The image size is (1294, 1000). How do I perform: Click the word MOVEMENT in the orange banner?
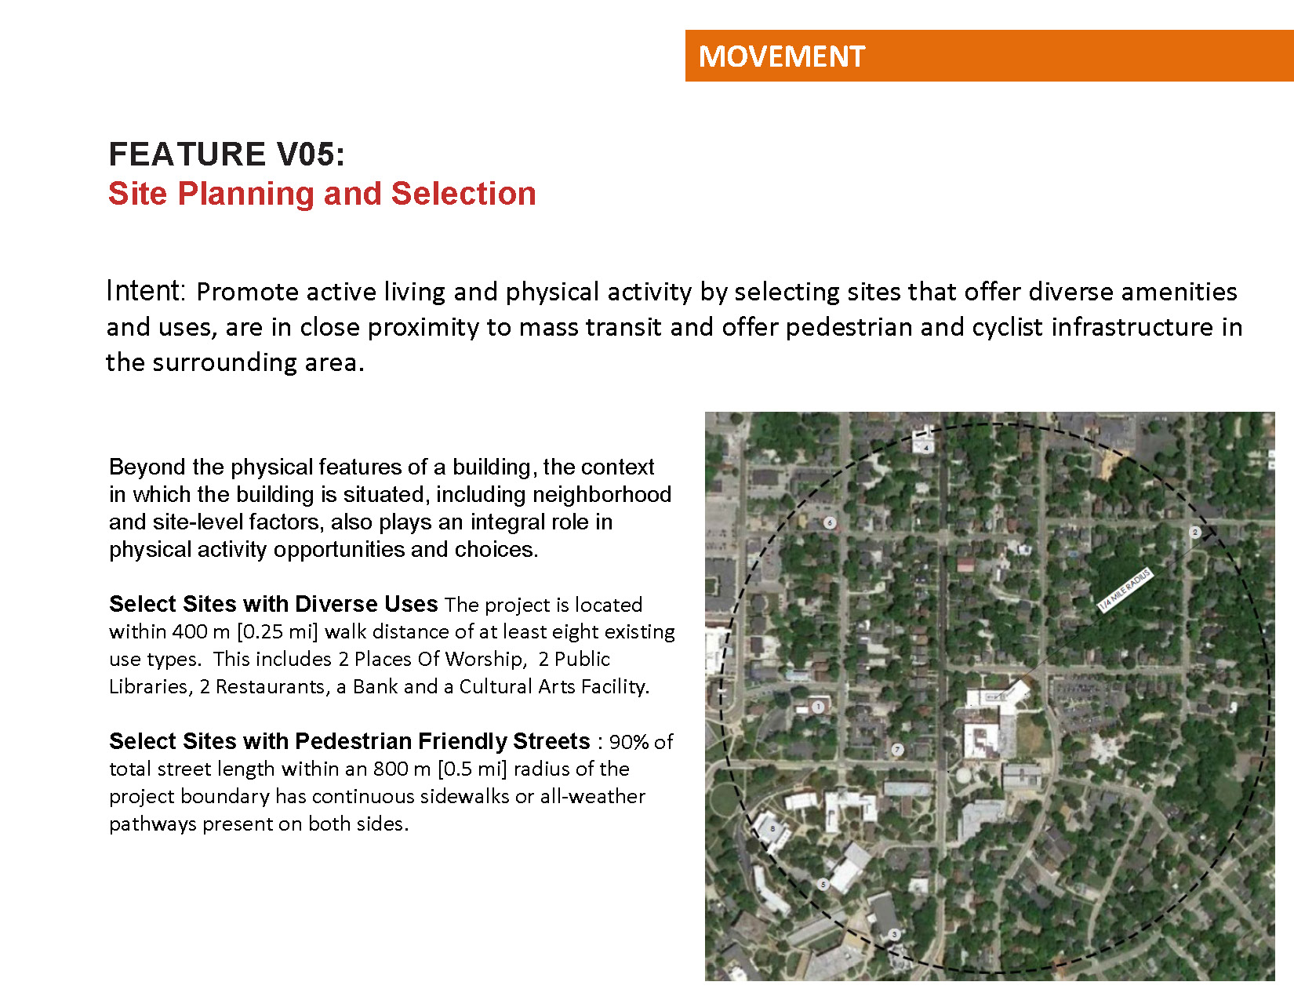(781, 56)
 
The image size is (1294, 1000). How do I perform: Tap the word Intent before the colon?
(143, 291)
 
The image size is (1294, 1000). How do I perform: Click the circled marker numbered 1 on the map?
(818, 707)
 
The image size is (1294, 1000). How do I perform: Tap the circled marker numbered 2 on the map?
(1195, 532)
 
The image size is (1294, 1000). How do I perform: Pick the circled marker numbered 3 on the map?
(894, 934)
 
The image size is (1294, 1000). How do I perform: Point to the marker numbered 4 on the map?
(925, 448)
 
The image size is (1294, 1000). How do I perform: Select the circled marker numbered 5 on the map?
(823, 884)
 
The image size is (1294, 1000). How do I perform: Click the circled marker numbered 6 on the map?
(830, 522)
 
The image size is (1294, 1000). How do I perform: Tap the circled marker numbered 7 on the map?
(898, 750)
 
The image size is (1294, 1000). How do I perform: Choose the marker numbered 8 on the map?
(773, 828)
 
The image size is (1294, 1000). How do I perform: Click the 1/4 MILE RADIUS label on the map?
(1125, 590)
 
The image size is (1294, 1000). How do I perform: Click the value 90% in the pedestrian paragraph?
(629, 742)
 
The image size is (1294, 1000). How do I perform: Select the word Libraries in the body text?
(148, 686)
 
